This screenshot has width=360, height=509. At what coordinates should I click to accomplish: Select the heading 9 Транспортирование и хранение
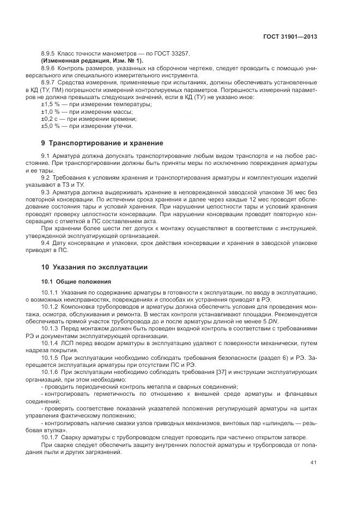click(x=102, y=143)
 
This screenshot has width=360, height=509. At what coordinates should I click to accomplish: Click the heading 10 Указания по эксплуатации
click(x=94, y=267)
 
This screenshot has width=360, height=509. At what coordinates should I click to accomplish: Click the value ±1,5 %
click(x=50, y=103)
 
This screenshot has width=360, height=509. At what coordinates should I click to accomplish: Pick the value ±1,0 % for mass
click(x=50, y=111)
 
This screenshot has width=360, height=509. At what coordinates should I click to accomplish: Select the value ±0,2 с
click(x=50, y=119)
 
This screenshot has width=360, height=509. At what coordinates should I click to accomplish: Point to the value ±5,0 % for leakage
click(x=50, y=126)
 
